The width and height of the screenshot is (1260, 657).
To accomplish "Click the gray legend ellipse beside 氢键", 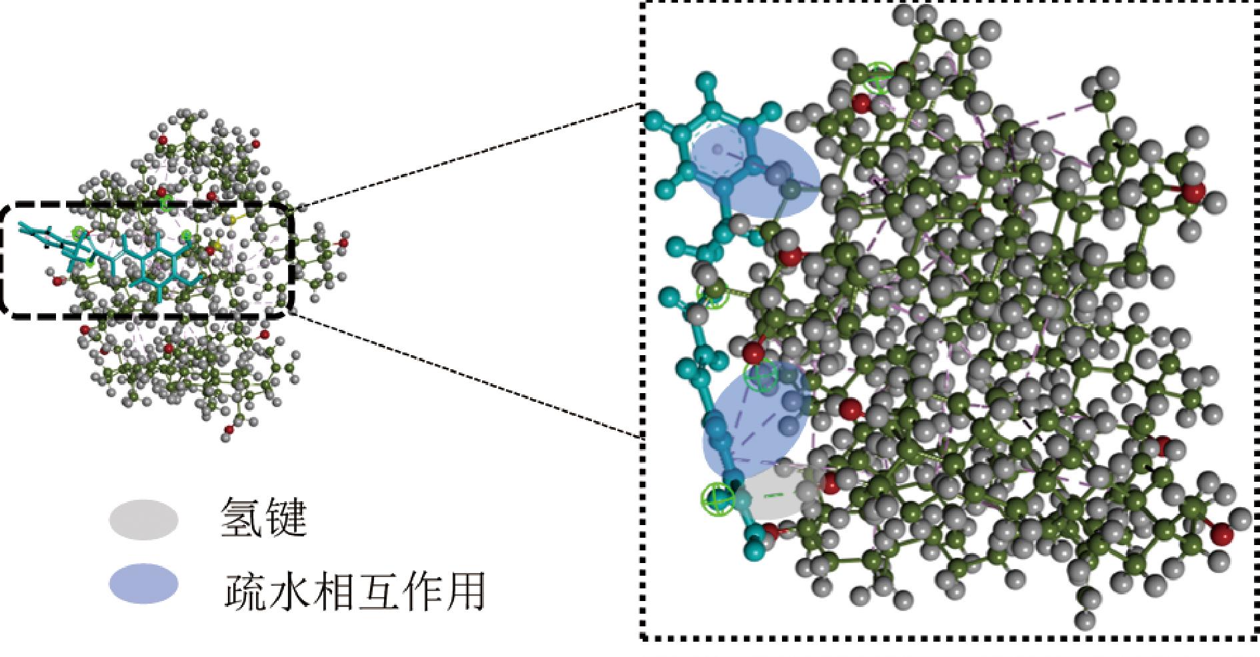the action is coord(144,519).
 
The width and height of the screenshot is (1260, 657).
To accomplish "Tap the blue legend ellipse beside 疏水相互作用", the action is coord(144,584).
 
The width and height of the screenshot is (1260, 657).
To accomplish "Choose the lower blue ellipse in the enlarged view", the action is coord(757,420).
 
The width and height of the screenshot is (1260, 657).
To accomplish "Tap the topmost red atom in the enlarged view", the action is coord(861,103).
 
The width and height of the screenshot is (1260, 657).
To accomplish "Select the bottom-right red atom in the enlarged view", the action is coord(1221,535).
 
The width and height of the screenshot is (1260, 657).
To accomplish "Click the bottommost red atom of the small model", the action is coord(229,430).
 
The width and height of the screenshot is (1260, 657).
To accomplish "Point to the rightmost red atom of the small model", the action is coord(343,243).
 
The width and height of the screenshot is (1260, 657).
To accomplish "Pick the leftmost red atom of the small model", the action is coord(57,281).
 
